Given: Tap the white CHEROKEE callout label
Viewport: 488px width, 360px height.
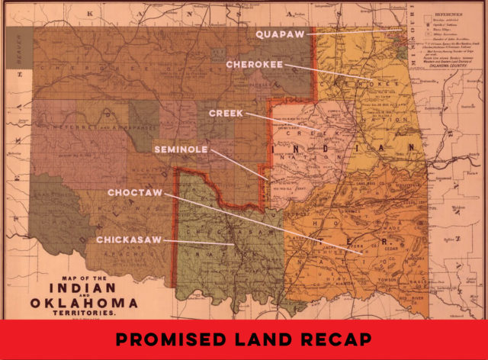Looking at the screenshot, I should coord(254,65).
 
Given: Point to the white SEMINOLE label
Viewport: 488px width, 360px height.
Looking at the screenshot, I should coord(181,150).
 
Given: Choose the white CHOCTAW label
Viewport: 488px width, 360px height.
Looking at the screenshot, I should coord(135,192).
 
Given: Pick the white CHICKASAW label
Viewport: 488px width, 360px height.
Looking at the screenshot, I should coord(130,239).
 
